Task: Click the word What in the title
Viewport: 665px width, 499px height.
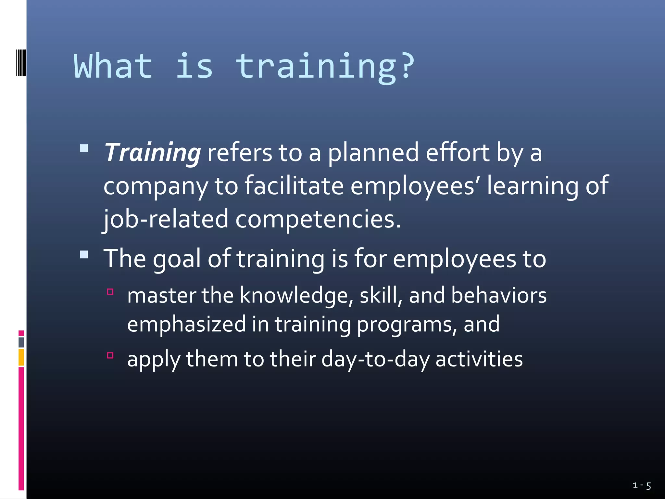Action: [113, 66]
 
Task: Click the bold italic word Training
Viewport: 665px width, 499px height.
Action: [152, 153]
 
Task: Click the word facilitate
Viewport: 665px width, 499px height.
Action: [294, 186]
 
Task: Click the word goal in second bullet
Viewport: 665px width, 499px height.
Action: [177, 259]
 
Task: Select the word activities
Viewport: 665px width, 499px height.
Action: [479, 359]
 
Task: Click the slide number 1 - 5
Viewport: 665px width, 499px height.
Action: [642, 486]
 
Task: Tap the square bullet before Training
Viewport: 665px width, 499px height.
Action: [84, 148]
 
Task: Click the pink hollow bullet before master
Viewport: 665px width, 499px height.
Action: [110, 292]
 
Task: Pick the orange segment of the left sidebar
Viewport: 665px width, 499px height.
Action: [21, 357]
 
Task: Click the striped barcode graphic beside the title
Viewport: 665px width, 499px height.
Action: [21, 63]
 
